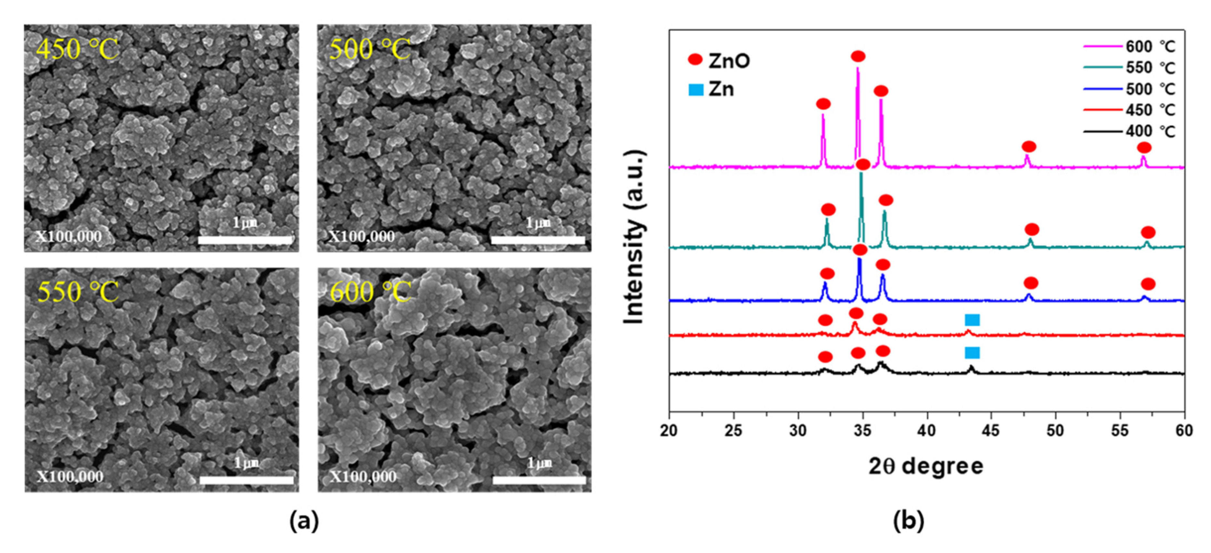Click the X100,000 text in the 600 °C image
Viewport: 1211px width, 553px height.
[362, 477]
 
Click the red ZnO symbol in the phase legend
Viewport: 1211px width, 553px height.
[695, 60]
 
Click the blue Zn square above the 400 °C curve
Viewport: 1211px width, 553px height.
[972, 352]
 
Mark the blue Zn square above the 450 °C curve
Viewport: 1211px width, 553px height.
[972, 320]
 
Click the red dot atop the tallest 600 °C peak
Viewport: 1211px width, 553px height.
[858, 57]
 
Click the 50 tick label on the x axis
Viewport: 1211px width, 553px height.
[1056, 430]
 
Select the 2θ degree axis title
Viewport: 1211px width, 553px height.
[926, 466]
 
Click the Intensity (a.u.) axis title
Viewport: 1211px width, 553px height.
[635, 237]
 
